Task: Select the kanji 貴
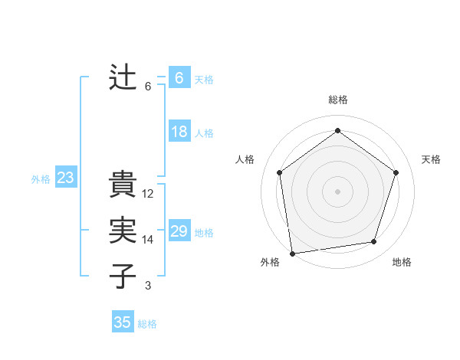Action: point(123,185)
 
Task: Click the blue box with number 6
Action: point(179,78)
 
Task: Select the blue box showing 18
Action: point(179,132)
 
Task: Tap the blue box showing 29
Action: point(179,231)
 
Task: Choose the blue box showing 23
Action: point(65,178)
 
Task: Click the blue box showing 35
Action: point(122,322)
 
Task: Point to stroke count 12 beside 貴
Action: point(148,194)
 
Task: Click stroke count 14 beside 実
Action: point(148,240)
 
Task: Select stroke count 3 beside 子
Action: point(148,286)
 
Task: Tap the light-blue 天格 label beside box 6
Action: point(204,80)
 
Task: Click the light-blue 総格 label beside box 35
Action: point(147,324)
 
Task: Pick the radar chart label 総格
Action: point(338,100)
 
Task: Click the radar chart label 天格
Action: point(431,159)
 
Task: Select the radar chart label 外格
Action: point(270,262)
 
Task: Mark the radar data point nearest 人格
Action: point(280,172)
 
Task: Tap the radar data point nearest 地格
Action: point(374,242)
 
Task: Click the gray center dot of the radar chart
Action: point(338,191)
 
